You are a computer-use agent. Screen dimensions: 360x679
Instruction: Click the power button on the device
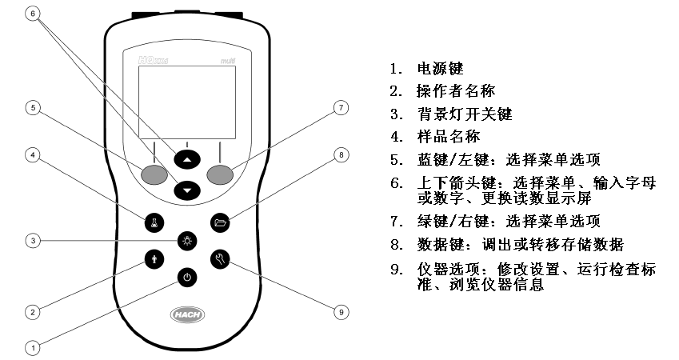186,278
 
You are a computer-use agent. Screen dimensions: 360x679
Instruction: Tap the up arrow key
186,159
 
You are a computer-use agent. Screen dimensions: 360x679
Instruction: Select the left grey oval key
150,174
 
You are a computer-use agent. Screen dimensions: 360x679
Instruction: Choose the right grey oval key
222,174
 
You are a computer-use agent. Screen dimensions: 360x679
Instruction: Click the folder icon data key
222,223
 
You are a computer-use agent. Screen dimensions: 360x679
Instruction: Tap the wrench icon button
222,258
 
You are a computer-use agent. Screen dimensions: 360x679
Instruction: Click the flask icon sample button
151,223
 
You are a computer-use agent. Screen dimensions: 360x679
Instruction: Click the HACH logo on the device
186,314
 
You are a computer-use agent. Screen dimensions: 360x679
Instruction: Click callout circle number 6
32,14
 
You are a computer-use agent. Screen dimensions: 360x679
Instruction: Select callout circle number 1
32,348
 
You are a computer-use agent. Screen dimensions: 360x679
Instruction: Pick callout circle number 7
341,106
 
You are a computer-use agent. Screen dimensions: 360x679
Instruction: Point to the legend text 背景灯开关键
464,114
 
